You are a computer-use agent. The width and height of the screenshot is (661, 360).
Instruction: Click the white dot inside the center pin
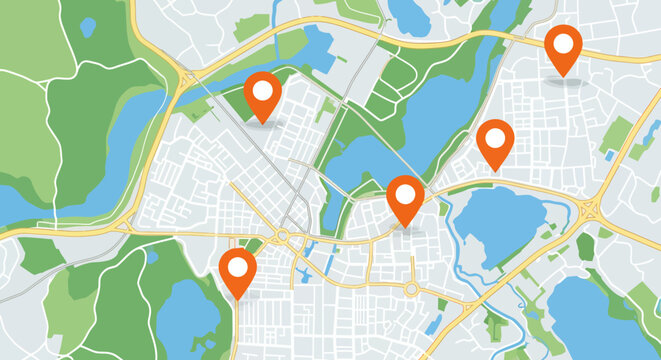pos(405,192)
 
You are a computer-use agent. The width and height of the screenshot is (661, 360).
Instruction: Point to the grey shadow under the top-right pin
pos(565,81)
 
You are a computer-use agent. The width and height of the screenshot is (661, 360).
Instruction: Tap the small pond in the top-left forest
pos(88,27)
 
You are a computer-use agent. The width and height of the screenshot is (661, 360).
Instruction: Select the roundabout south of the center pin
pos(411,289)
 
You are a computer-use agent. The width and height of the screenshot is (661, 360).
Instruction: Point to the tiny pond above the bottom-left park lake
pos(152,258)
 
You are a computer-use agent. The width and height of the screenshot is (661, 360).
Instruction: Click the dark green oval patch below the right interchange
pos(585,246)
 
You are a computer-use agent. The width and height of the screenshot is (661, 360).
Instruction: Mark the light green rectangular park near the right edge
pos(617,135)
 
